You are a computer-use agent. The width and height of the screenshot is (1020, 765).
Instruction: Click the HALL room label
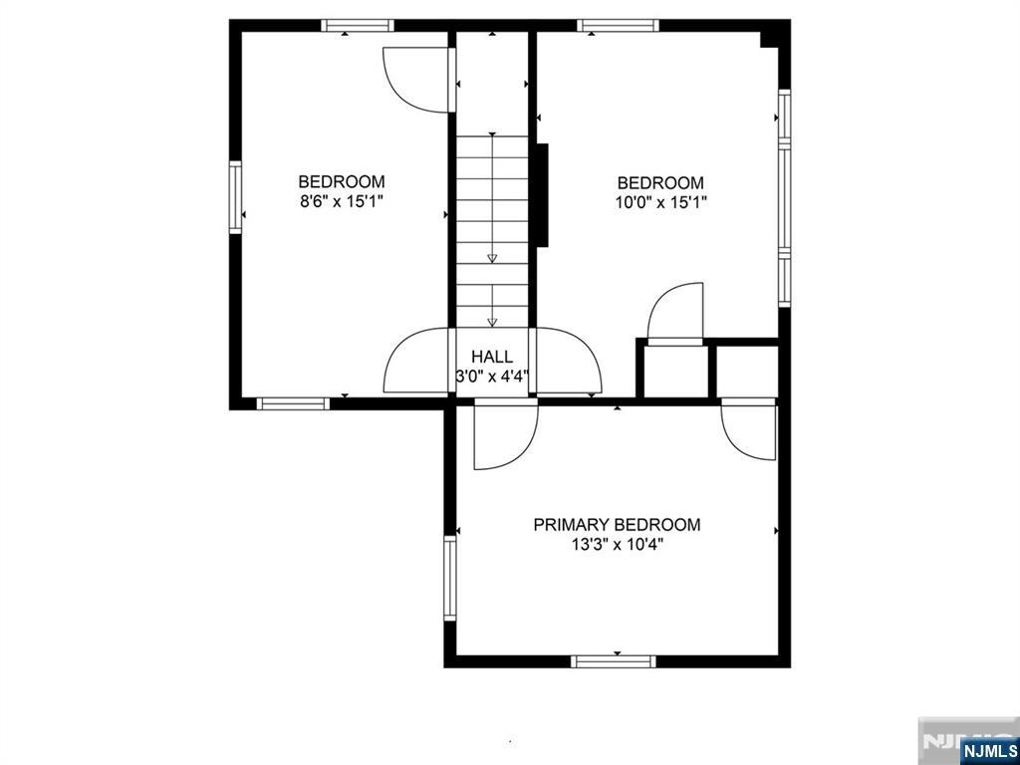pyautogui.click(x=492, y=357)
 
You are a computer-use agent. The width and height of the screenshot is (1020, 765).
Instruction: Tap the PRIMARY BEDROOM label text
pyautogui.click(x=617, y=524)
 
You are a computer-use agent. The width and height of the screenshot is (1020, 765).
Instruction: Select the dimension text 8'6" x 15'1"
pyautogui.click(x=342, y=201)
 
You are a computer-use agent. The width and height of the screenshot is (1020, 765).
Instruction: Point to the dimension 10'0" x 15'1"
pyautogui.click(x=661, y=202)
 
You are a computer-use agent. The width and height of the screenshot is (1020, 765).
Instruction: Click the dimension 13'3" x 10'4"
pyautogui.click(x=617, y=544)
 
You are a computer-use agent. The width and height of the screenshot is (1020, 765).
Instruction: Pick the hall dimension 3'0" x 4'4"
pyautogui.click(x=492, y=376)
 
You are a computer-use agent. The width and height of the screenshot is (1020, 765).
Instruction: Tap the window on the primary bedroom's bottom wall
pyautogui.click(x=614, y=661)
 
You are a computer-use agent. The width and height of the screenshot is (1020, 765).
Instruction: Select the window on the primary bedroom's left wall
pyautogui.click(x=450, y=578)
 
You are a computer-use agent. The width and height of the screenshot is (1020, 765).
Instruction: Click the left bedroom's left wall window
pyautogui.click(x=235, y=197)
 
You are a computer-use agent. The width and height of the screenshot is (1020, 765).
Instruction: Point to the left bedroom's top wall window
pyautogui.click(x=358, y=25)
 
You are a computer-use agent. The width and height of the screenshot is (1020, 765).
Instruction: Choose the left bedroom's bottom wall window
pyautogui.click(x=294, y=403)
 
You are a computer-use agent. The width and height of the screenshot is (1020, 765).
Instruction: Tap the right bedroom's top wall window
pyautogui.click(x=618, y=25)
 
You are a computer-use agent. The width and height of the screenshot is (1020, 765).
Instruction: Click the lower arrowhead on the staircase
pyautogui.click(x=492, y=322)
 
